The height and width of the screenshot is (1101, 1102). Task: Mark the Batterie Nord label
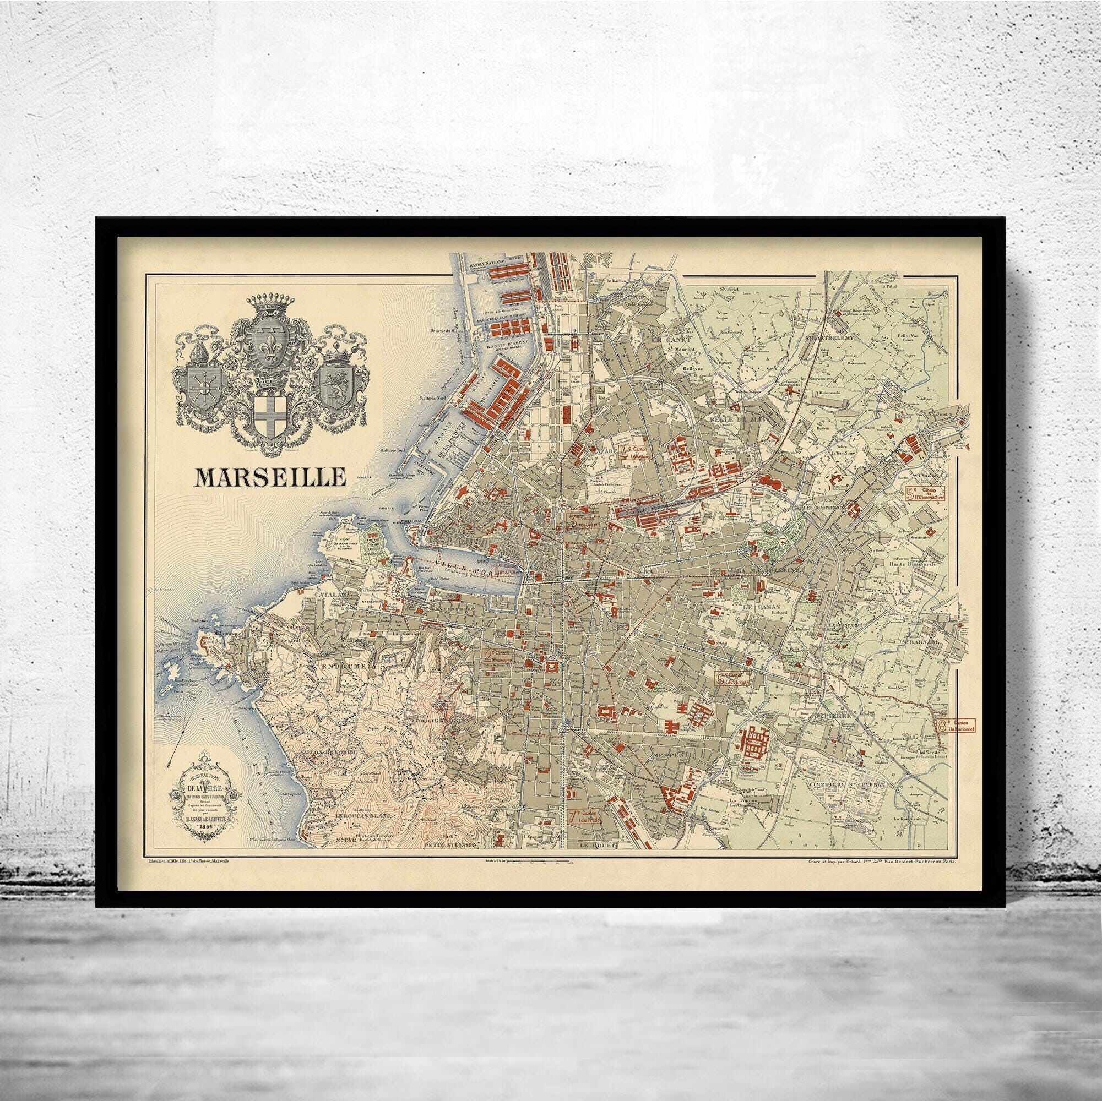pyautogui.click(x=435, y=397)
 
